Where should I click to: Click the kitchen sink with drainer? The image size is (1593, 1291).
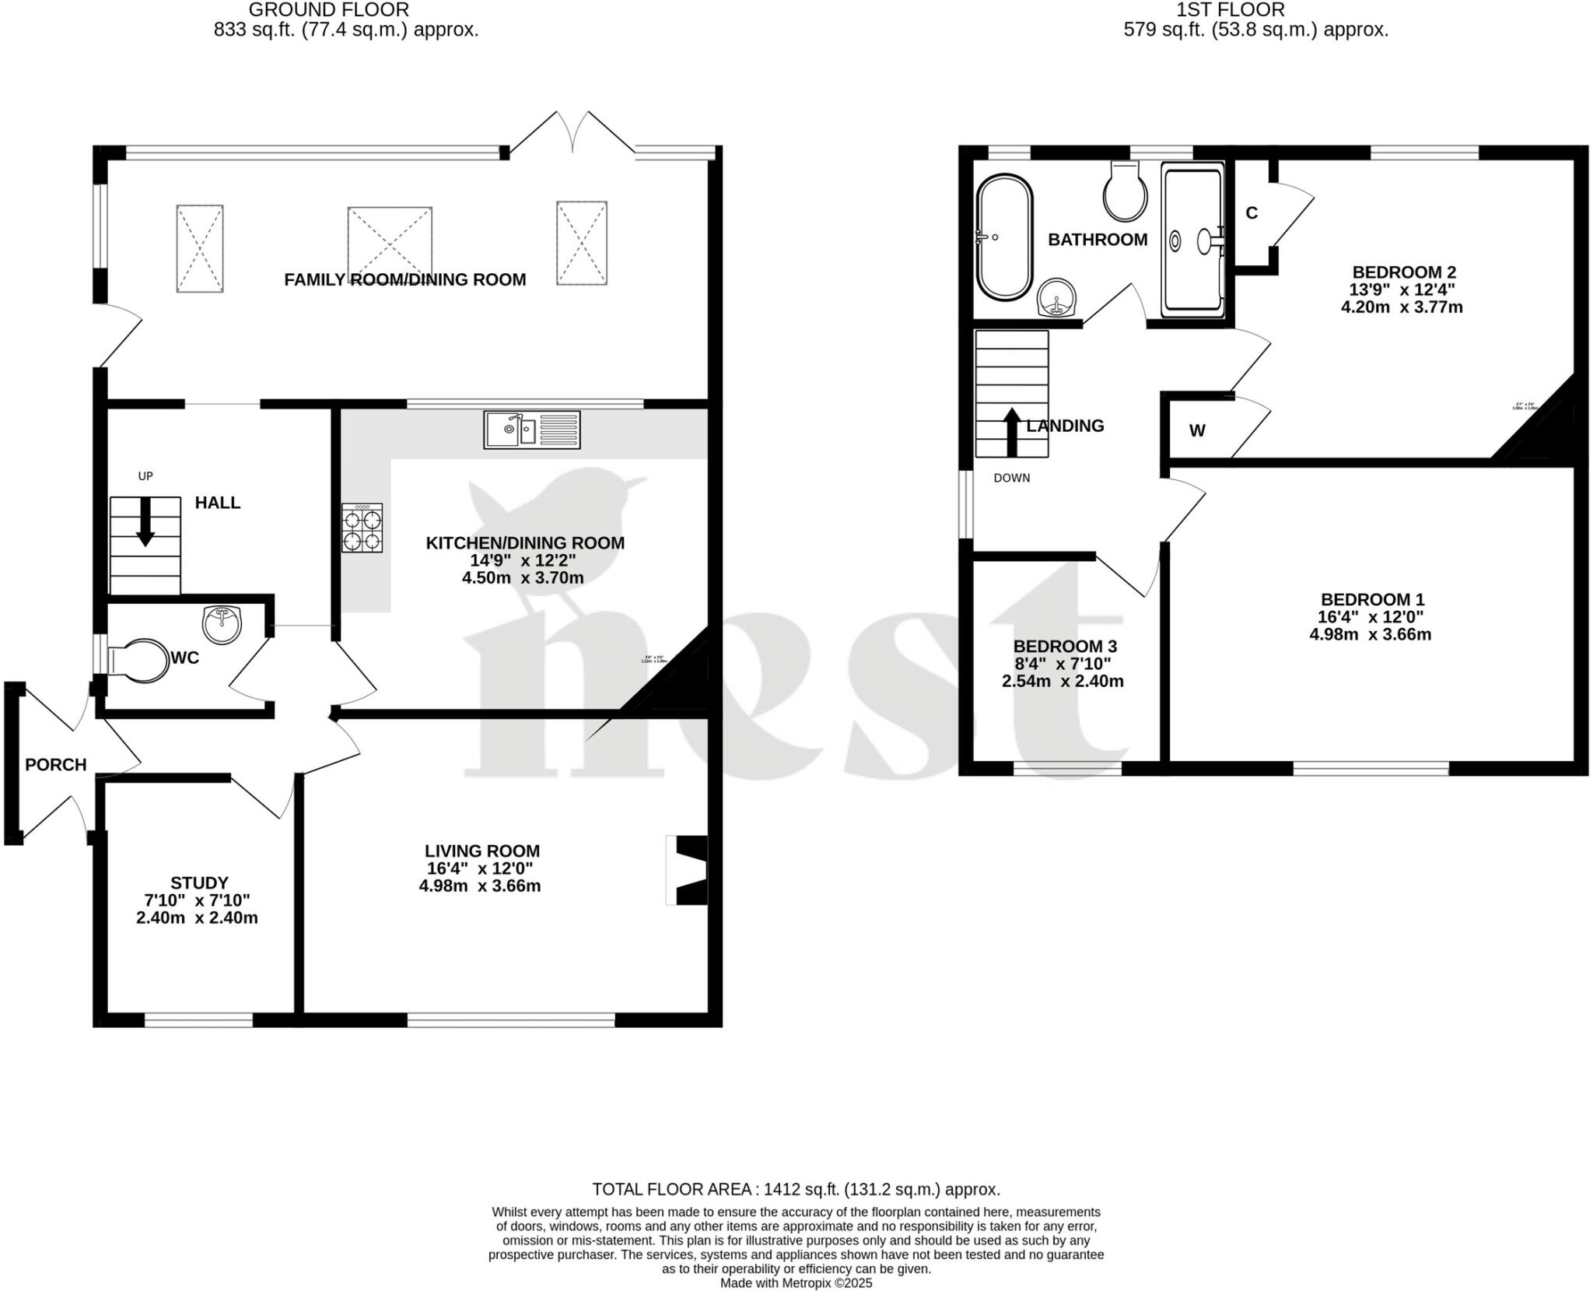click(532, 430)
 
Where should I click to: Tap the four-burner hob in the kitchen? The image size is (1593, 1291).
click(362, 528)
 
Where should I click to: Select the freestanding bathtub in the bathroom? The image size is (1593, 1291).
click(1004, 238)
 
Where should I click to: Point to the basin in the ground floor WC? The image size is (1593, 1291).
click(222, 624)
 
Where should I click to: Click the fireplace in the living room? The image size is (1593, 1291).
click(688, 870)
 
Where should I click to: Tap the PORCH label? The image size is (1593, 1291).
click(55, 765)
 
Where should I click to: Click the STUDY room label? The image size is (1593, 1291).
click(199, 882)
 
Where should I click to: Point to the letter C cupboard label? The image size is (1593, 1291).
click(1252, 213)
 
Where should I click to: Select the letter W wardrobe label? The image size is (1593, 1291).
click(1197, 431)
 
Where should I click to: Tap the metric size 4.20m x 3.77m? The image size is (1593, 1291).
click(1402, 307)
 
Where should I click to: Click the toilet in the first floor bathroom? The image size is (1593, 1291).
click(1125, 191)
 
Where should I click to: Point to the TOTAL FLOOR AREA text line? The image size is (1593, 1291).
click(796, 1189)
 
